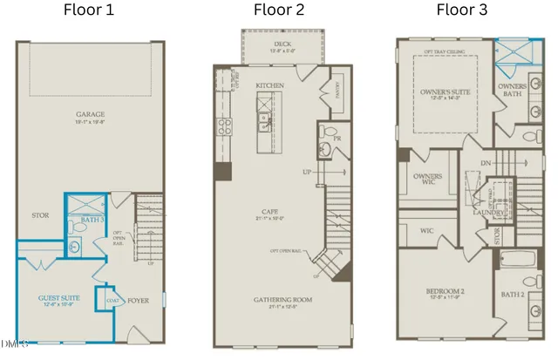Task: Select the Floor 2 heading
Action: coord(279,11)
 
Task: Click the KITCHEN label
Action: coord(270,86)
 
